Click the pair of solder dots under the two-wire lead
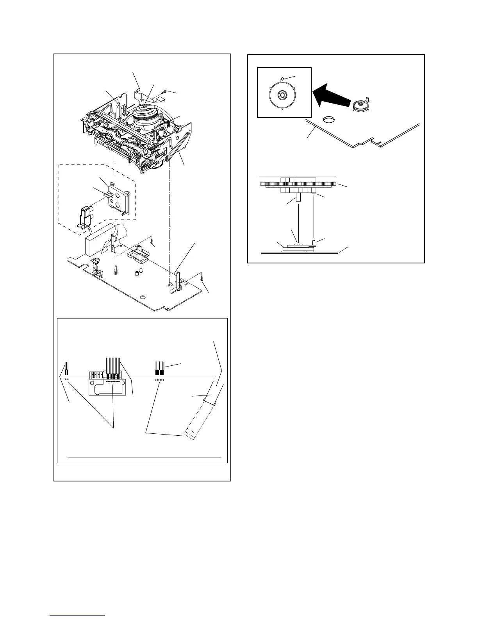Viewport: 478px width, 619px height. coord(67,379)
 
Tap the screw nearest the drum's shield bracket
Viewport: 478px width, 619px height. coord(167,91)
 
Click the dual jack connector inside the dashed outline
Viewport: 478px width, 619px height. coord(86,216)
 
